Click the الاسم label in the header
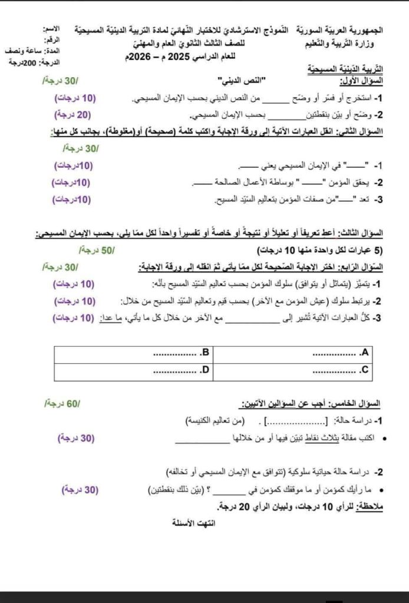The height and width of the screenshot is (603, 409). click(x=51, y=29)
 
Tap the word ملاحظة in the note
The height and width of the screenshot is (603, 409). click(x=372, y=506)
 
